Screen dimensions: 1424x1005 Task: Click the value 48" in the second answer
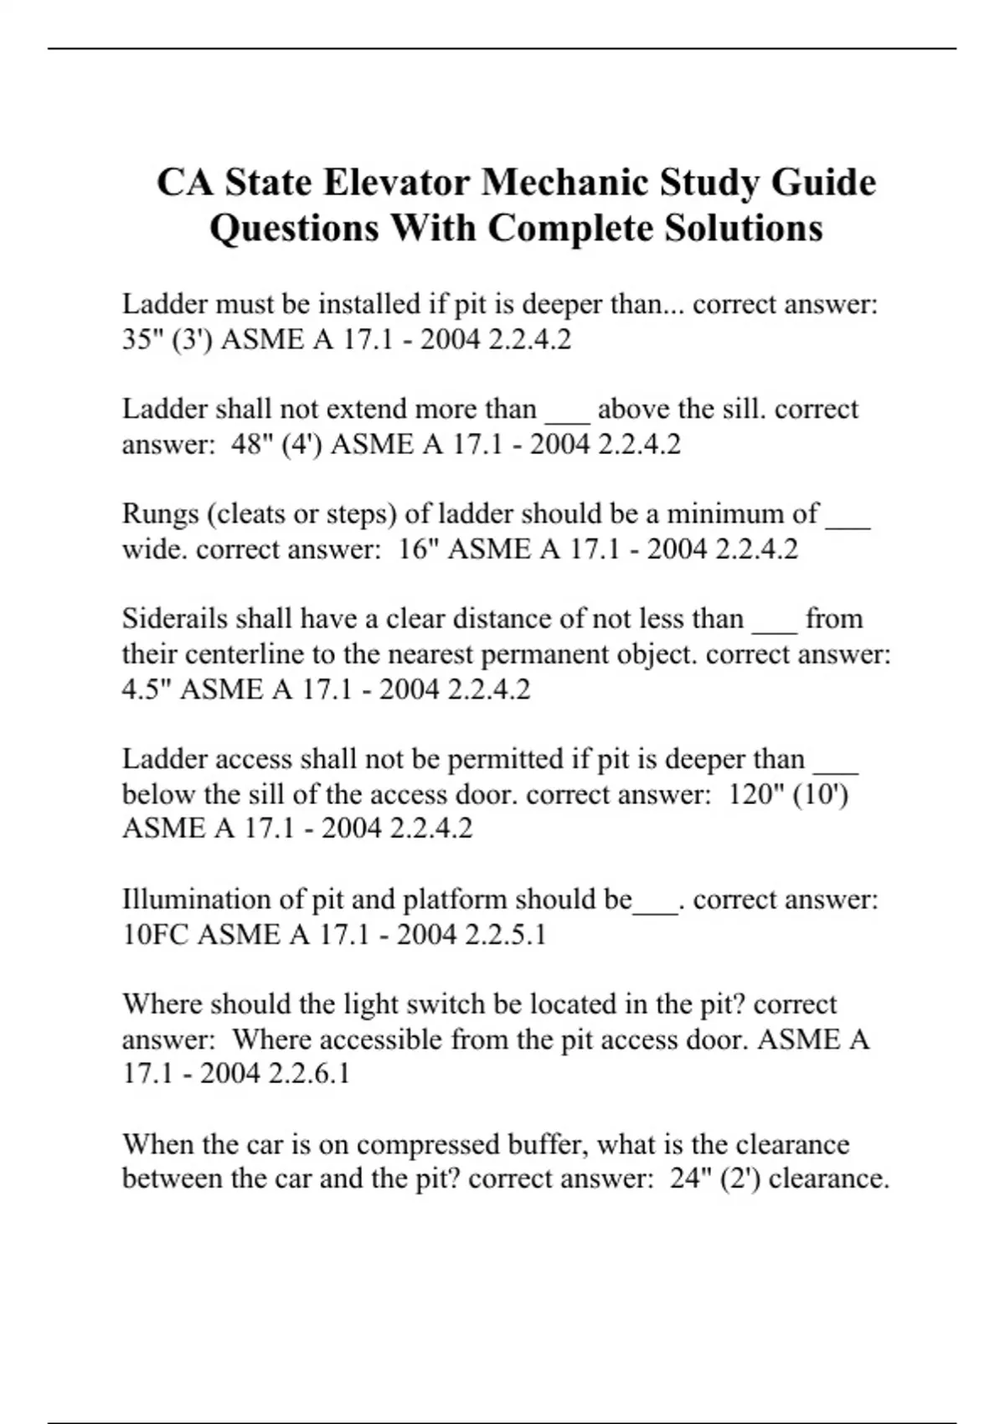pos(248,444)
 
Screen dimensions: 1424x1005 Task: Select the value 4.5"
pos(147,689)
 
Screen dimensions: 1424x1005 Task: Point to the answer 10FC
pos(156,934)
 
